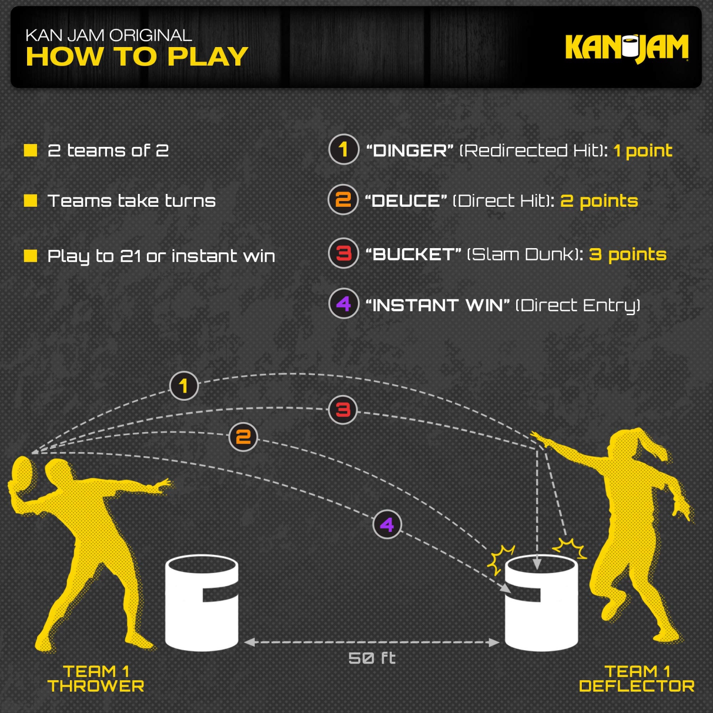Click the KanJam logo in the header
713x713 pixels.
point(626,48)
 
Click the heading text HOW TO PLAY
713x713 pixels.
point(137,57)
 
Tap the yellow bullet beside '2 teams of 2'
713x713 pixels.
point(30,150)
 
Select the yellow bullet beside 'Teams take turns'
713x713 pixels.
point(30,201)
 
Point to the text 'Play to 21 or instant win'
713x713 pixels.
point(161,256)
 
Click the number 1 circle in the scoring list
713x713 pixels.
point(343,149)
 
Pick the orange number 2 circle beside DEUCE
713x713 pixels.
point(343,200)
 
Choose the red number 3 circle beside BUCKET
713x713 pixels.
point(343,253)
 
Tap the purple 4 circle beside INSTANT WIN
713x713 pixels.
point(343,304)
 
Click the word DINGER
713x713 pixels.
point(410,151)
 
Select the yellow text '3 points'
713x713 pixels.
point(627,255)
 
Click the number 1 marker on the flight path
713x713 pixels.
point(183,385)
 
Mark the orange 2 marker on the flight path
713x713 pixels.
point(243,437)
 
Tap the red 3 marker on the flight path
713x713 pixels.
point(343,410)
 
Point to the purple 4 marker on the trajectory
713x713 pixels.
point(387,524)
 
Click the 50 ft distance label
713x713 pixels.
point(372,658)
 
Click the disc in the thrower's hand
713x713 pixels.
point(21,475)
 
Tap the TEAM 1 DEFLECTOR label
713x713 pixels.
point(636,679)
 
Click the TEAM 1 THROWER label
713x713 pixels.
point(96,679)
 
